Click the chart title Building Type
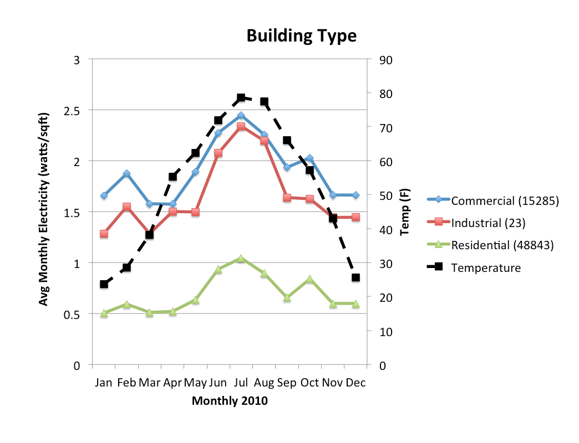coord(301,36)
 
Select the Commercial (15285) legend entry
coord(493,200)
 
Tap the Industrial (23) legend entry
coord(476,223)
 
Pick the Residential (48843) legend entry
coord(490,245)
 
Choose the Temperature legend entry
coord(474,267)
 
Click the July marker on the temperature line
coord(241,97)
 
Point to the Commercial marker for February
coord(126,173)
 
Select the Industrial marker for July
coord(241,126)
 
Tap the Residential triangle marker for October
coord(309,279)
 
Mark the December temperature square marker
coord(355,277)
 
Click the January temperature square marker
coord(104,284)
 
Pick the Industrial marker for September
coord(287,198)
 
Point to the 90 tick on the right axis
coord(386,60)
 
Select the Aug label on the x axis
coord(263,383)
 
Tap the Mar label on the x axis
coord(149,383)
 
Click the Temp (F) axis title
coord(405,212)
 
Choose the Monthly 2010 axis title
coord(230,400)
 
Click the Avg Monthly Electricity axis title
coord(44,209)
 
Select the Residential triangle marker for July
coord(241,259)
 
